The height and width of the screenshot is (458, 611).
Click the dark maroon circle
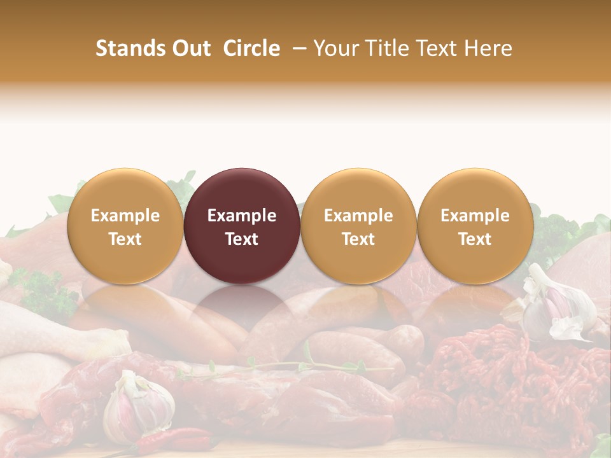(x=242, y=226)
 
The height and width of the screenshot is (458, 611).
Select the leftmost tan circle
(x=125, y=226)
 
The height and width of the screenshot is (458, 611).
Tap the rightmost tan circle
(x=475, y=226)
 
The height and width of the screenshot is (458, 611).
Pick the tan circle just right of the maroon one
(x=358, y=226)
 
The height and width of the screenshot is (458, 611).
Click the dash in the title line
(x=297, y=48)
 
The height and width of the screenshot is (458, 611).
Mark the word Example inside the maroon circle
(x=242, y=216)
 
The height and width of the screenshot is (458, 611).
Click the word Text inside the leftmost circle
(x=125, y=239)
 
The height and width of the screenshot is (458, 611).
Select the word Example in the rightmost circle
(x=475, y=216)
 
